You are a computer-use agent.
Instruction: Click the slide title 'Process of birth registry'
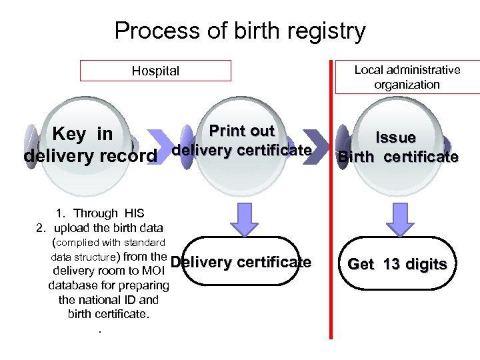click(x=240, y=31)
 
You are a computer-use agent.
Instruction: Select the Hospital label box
click(x=155, y=71)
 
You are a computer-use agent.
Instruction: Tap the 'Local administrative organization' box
click(x=407, y=77)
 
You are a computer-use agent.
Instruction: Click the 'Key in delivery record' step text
click(x=90, y=145)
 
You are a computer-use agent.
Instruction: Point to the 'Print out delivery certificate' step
click(x=242, y=141)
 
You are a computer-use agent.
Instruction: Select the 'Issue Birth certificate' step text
click(x=397, y=147)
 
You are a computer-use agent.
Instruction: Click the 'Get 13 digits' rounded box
click(x=397, y=264)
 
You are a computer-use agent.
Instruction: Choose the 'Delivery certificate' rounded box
click(x=241, y=262)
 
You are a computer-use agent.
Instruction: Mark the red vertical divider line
click(x=331, y=200)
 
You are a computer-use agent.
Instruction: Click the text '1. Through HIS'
click(x=95, y=213)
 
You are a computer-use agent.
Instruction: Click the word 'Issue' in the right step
click(x=395, y=137)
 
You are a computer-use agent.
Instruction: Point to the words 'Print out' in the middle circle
click(x=242, y=131)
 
